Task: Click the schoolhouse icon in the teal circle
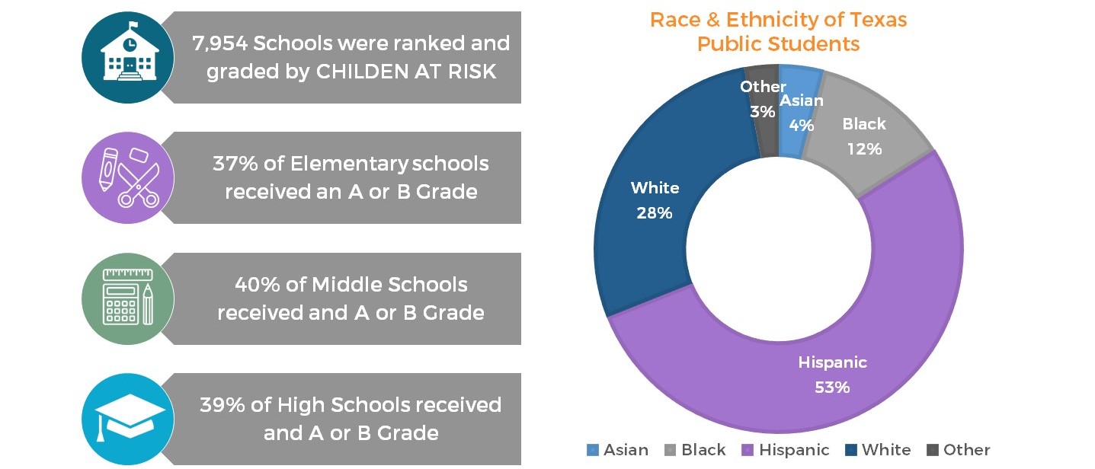pos(127,57)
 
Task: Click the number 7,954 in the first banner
pos(219,43)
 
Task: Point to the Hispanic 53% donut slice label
pos(832,374)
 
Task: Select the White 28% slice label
pos(655,199)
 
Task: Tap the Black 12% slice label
pos(864,136)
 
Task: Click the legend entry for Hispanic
pos(786,450)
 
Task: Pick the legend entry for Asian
pos(617,450)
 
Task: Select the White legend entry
pos(879,450)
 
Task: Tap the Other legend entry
pos(958,450)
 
